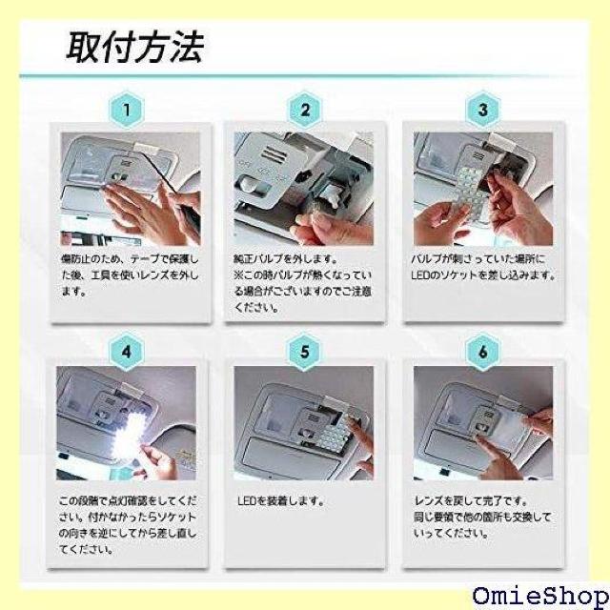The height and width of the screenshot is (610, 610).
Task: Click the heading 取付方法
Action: pyautogui.click(x=134, y=47)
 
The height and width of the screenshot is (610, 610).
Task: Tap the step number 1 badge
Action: pyautogui.click(x=128, y=110)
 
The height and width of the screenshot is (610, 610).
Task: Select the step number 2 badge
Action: pyautogui.click(x=305, y=110)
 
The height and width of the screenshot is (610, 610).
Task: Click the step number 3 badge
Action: pyautogui.click(x=482, y=110)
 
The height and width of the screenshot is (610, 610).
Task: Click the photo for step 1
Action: pyautogui.click(x=128, y=187)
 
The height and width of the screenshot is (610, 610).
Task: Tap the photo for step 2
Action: pyautogui.click(x=305, y=187)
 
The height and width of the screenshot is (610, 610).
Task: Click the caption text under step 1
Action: pyautogui.click(x=128, y=276)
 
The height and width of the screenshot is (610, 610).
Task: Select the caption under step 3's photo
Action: pyautogui.click(x=482, y=268)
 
